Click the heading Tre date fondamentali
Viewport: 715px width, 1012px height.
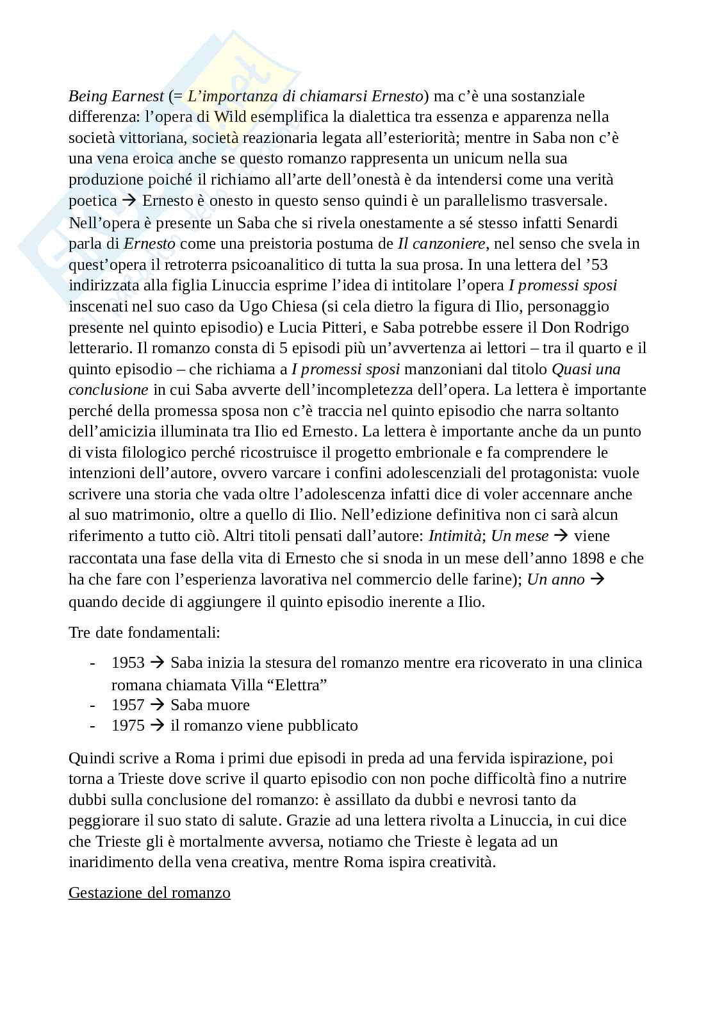point(144,633)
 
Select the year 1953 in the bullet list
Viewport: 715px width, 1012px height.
point(128,662)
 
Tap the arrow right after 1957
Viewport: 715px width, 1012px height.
point(157,705)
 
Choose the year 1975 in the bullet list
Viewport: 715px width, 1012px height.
point(128,726)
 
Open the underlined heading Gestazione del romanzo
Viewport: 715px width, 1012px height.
point(149,892)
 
